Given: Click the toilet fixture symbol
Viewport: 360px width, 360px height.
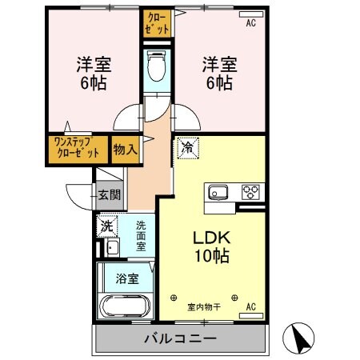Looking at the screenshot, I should [157, 67].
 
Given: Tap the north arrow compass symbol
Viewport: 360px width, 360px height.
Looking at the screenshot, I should [302, 337].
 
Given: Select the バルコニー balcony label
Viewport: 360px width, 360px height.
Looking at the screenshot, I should [180, 338].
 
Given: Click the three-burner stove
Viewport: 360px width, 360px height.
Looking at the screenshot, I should [251, 192].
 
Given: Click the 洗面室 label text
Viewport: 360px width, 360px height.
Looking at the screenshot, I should [141, 236].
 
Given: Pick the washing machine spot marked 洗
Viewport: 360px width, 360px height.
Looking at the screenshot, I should [107, 226].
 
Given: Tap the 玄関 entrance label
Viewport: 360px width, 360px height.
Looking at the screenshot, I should [109, 194].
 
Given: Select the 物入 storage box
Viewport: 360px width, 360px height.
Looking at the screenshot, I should [125, 150].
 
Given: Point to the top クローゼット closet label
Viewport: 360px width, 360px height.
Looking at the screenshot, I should [157, 22].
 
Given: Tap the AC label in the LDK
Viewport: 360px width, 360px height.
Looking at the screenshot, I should [250, 306].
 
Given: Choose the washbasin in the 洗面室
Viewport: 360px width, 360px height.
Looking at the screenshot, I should [110, 247].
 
